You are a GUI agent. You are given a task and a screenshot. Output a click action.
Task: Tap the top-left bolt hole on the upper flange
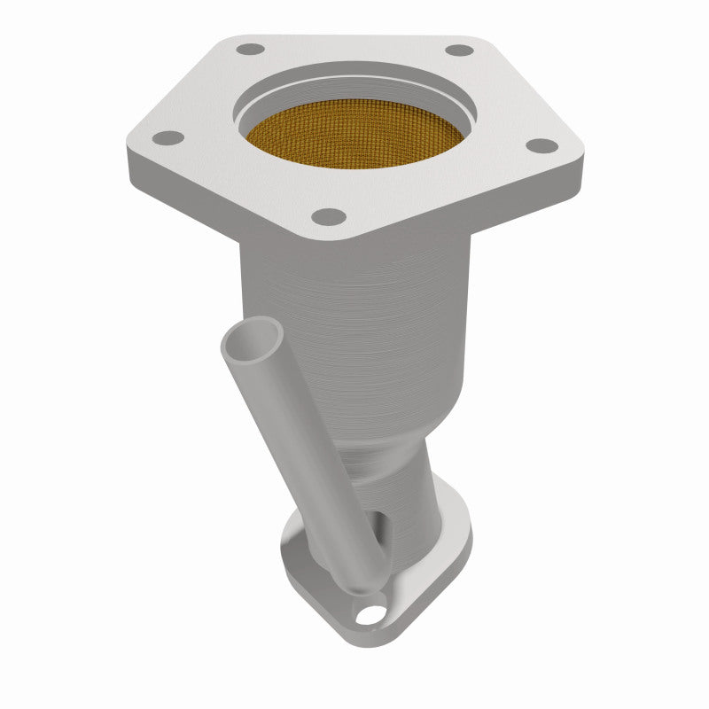[x=252, y=49]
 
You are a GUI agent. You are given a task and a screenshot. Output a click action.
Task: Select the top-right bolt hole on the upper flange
[x=458, y=50]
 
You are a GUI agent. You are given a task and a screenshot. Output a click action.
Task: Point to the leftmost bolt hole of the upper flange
[x=168, y=137]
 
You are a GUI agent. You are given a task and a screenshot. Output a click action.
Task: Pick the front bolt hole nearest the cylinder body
[x=330, y=215]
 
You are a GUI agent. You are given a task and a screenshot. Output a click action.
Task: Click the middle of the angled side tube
[x=301, y=443]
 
